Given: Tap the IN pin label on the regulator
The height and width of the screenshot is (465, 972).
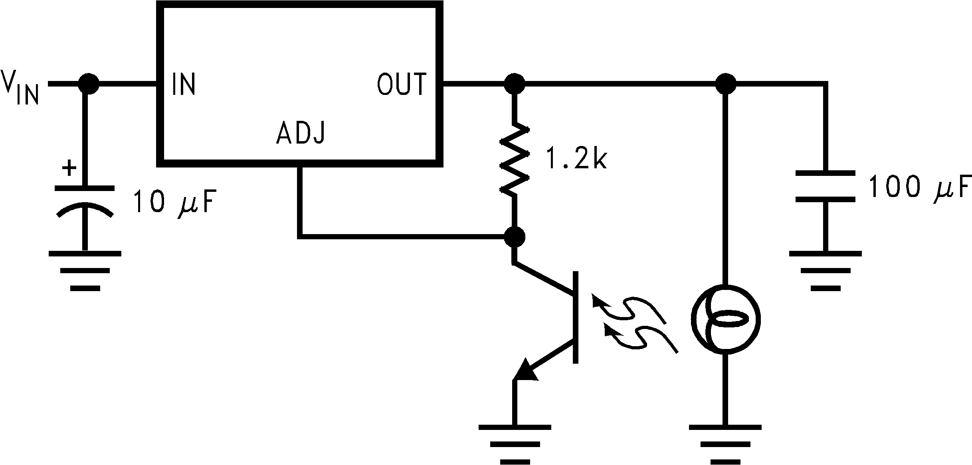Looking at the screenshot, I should [184, 84].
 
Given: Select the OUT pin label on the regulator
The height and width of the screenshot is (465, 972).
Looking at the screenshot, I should [402, 84].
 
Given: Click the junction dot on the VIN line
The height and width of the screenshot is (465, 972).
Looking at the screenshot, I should [88, 84].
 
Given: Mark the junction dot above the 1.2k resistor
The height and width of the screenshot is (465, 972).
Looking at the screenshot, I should [515, 84].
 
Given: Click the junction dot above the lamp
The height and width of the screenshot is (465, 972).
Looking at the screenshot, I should [725, 84].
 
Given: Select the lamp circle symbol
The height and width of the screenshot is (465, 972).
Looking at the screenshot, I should [725, 319].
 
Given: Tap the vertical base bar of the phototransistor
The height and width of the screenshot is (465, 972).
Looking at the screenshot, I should [575, 317].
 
